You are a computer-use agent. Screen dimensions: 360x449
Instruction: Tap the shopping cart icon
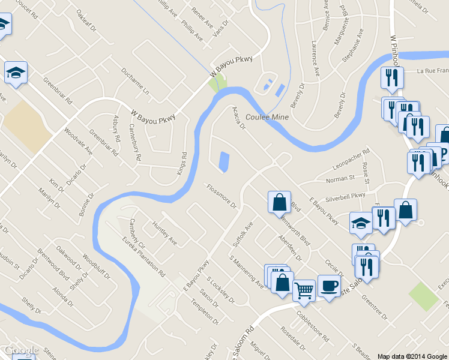click(304, 290)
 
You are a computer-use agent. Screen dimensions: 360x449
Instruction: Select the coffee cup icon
click(328, 285)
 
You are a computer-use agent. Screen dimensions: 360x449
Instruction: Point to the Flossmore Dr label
click(221, 196)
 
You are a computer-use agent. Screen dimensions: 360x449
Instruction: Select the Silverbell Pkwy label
click(345, 196)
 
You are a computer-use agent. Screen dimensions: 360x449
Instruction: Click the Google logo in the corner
click(20, 350)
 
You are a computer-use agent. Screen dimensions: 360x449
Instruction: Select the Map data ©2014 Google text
click(412, 356)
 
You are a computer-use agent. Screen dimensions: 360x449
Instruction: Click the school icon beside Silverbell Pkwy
click(361, 223)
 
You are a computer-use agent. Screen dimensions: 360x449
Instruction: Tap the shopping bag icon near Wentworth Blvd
click(280, 202)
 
